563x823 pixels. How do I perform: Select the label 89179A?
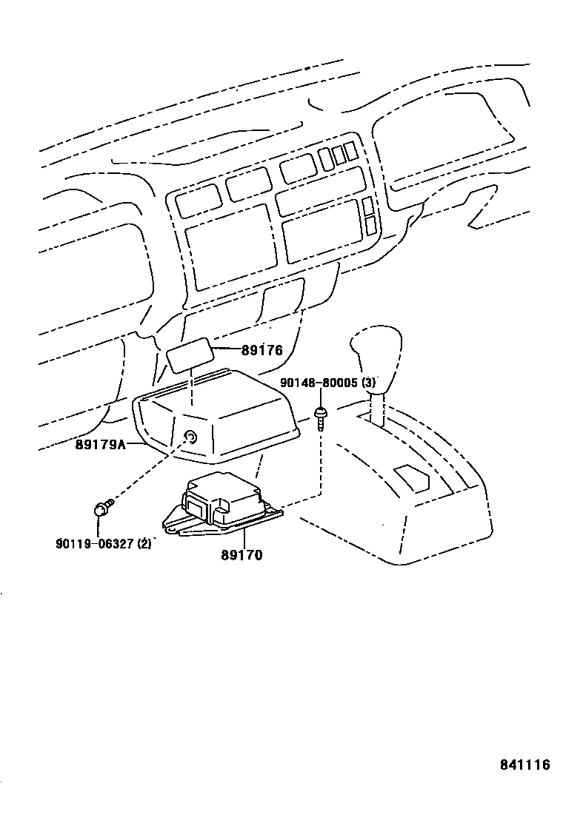pos(100,445)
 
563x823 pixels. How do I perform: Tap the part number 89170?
pos(241,554)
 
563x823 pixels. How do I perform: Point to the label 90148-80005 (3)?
pos(327,383)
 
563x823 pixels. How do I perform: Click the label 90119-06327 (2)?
pos(103,543)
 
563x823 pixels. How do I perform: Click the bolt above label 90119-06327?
pos(102,508)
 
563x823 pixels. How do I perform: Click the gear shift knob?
pos(376,349)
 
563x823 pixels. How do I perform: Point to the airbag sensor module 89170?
pos(222,500)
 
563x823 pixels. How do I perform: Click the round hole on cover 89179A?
pos(190,437)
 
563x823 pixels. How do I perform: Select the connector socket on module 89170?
pos(198,506)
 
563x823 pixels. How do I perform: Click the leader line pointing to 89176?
pos(225,349)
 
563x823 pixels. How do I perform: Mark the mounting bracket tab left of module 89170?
pos(172,523)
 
